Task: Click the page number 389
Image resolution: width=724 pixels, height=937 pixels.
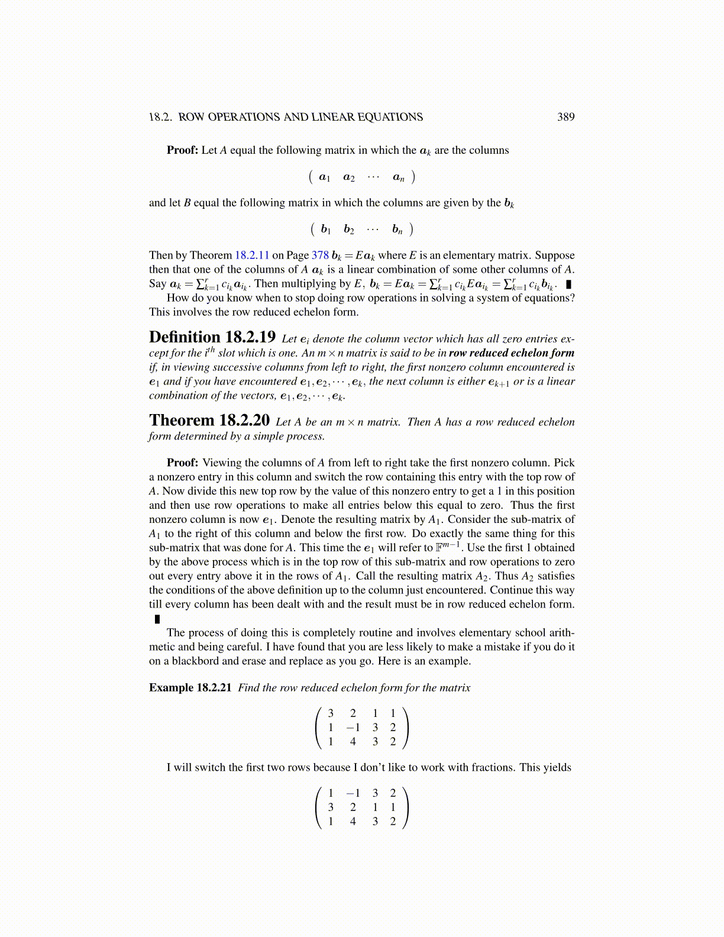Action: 565,117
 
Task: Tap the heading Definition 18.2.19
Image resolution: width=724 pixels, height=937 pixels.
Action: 212,338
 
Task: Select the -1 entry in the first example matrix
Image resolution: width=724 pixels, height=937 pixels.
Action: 353,728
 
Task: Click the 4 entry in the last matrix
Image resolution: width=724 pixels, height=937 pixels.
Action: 353,821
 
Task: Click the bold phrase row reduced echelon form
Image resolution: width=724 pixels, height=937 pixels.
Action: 511,353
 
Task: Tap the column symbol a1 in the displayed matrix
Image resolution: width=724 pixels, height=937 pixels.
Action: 324,177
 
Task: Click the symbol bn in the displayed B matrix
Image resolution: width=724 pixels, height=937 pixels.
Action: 397,230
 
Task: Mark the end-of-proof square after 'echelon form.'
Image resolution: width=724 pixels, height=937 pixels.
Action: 157,619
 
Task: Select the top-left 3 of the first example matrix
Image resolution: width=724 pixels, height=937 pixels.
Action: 331,713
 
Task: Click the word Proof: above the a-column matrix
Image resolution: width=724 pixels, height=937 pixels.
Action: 182,150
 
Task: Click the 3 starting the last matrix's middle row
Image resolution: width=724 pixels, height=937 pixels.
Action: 331,807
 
